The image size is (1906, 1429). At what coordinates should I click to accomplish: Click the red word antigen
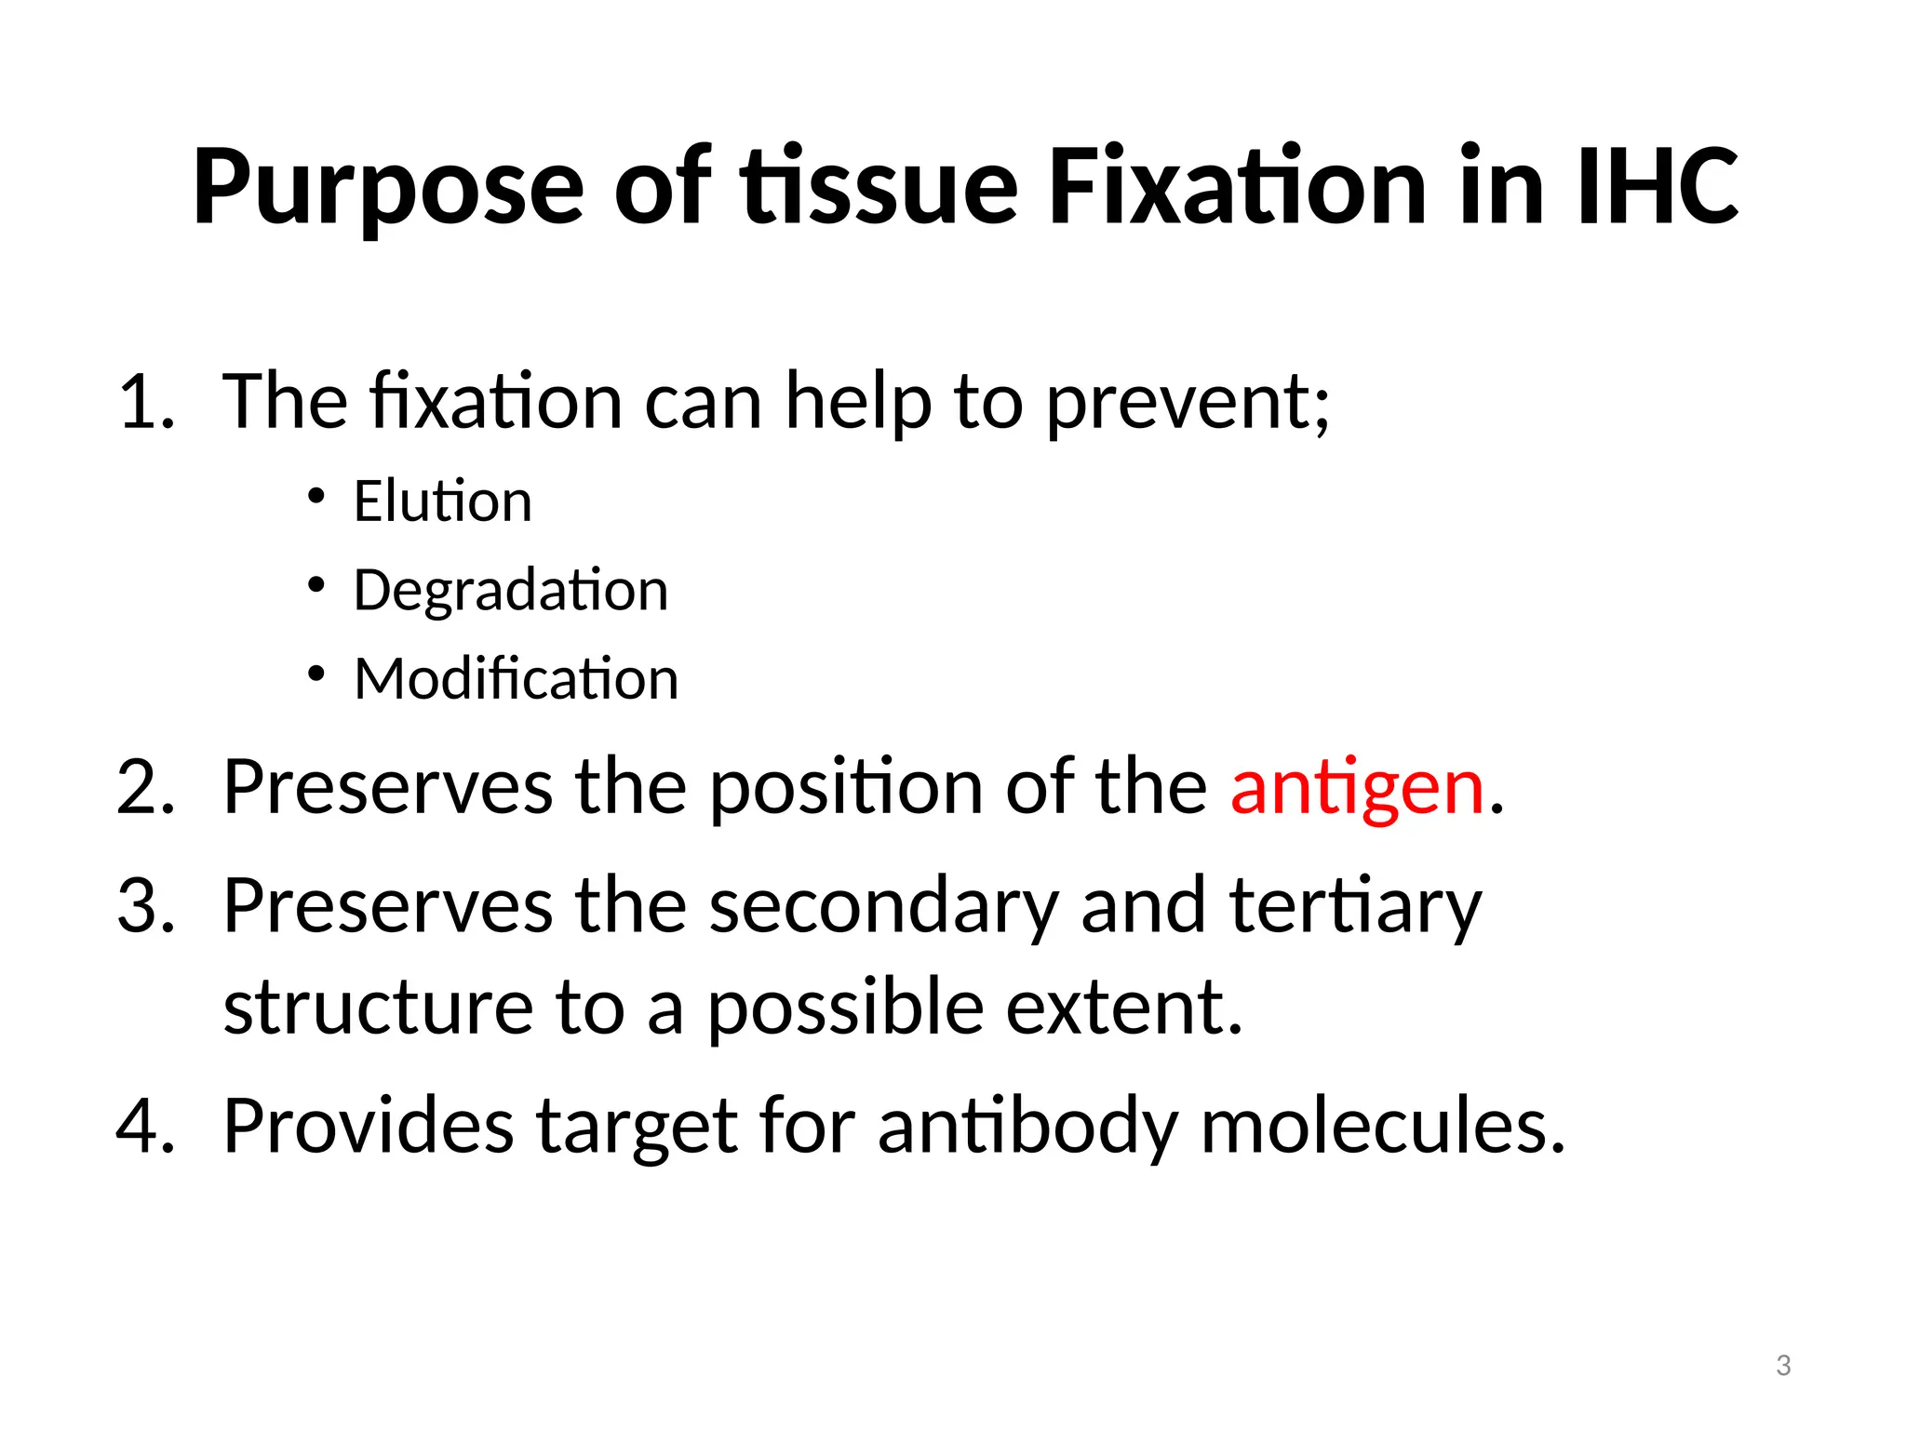(1357, 789)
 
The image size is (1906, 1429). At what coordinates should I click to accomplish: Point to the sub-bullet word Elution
(443, 501)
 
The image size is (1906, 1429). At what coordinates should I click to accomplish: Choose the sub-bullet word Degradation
(511, 592)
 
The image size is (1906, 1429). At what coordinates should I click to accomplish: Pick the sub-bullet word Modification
(517, 678)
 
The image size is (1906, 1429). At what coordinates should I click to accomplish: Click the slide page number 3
(1783, 1366)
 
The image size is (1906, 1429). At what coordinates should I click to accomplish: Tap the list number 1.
(145, 403)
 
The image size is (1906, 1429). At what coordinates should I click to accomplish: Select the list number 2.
(145, 789)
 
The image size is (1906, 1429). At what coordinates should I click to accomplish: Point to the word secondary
(883, 907)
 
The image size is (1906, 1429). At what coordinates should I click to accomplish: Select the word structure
(378, 1008)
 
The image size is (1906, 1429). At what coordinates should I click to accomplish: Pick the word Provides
(369, 1127)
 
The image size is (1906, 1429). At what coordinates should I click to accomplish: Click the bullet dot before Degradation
(316, 585)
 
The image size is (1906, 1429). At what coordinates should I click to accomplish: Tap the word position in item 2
(845, 789)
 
